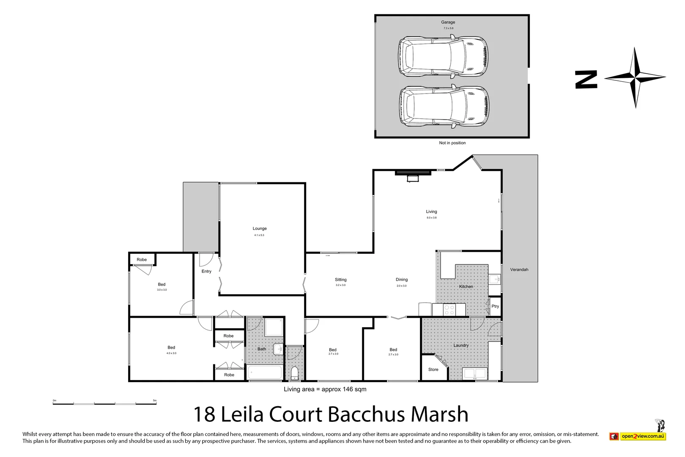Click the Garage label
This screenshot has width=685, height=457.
(448, 22)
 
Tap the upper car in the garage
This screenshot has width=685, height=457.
(443, 57)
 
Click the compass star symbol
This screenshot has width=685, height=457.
(635, 78)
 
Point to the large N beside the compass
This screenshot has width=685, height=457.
(586, 80)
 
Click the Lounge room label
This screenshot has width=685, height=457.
(260, 228)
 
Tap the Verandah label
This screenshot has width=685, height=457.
(519, 270)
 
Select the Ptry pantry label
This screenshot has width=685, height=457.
(495, 306)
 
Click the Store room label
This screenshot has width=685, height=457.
(433, 369)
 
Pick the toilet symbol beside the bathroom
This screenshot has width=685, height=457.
(295, 374)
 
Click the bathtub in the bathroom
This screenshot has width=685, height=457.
(265, 373)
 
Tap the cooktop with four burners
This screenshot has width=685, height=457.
(449, 310)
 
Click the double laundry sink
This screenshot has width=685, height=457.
(475, 374)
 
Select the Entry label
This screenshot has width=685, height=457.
(206, 272)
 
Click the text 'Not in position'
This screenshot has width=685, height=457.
(452, 143)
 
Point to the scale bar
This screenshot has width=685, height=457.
(104, 403)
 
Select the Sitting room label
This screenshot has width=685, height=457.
(340, 280)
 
